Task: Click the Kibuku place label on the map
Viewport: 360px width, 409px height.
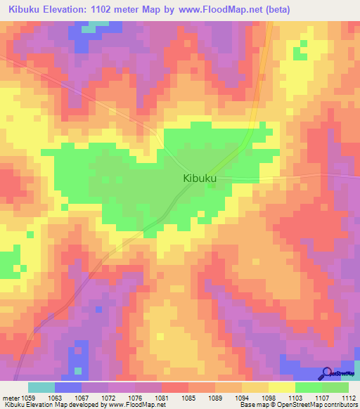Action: coord(199,178)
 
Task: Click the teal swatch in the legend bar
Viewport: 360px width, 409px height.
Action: coord(41,387)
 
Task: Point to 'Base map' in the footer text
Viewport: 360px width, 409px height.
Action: coord(251,404)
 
